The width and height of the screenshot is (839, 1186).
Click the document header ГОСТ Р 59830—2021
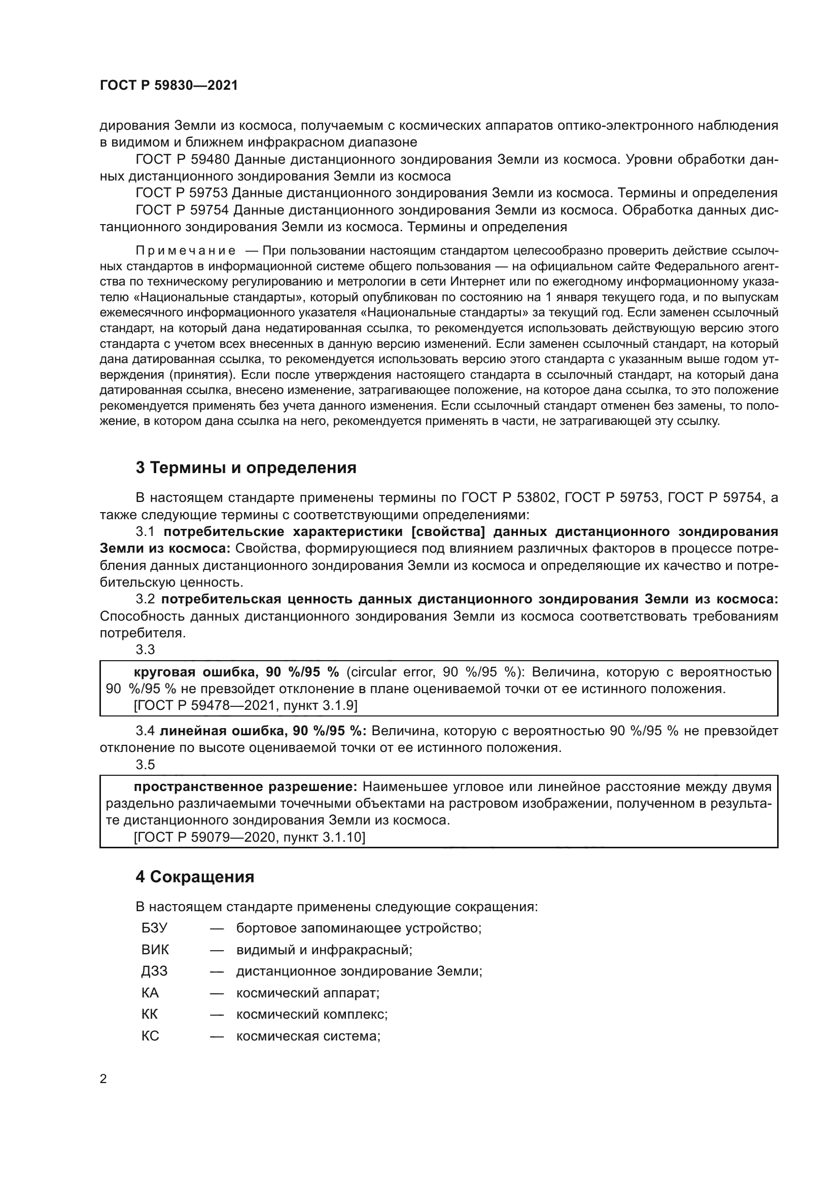click(169, 86)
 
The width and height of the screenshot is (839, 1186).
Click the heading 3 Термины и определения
click(246, 468)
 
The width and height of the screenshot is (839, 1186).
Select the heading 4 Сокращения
click(195, 877)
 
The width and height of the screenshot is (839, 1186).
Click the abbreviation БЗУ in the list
click(155, 928)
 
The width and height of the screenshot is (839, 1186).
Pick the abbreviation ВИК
click(155, 949)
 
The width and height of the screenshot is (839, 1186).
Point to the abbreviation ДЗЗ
click(155, 971)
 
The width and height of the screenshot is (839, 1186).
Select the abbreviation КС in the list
click(150, 1036)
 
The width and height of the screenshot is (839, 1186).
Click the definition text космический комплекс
click(312, 1015)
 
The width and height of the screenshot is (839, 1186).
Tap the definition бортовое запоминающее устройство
click(359, 928)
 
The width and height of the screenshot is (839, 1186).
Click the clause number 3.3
click(145, 650)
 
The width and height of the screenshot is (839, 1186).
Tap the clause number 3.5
click(145, 765)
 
